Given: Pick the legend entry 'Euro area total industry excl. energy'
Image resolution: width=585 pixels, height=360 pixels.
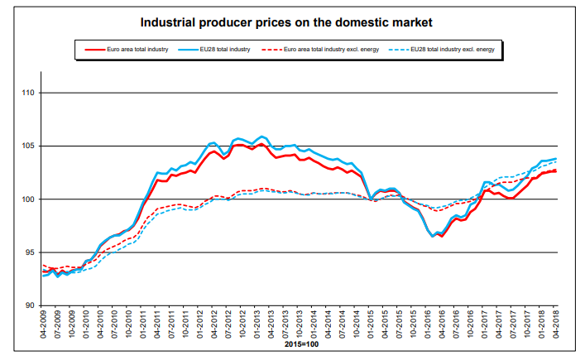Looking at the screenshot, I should [x=343, y=50].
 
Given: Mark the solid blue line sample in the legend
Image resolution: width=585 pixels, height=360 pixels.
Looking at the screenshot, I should [x=187, y=50].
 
